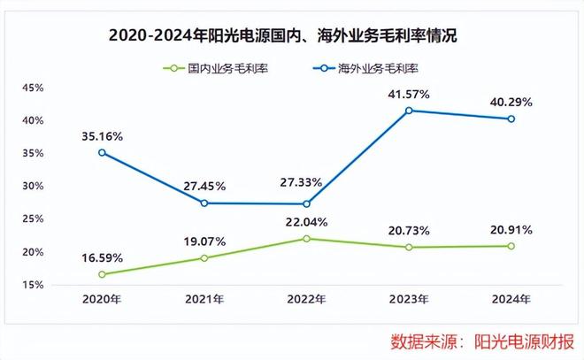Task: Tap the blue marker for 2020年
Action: tap(102, 152)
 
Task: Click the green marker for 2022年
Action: tap(307, 239)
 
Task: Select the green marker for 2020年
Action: tap(102, 274)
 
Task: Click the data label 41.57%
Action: tap(410, 94)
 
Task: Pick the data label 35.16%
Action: tap(102, 136)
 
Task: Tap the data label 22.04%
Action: tap(307, 222)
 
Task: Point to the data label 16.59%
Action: tap(102, 258)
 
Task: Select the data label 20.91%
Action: tap(511, 230)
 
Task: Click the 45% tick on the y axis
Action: tap(33, 88)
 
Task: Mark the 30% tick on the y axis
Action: tap(33, 187)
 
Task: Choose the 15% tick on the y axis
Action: tap(33, 285)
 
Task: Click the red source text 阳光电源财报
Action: tap(525, 341)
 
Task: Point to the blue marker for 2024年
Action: tap(511, 119)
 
